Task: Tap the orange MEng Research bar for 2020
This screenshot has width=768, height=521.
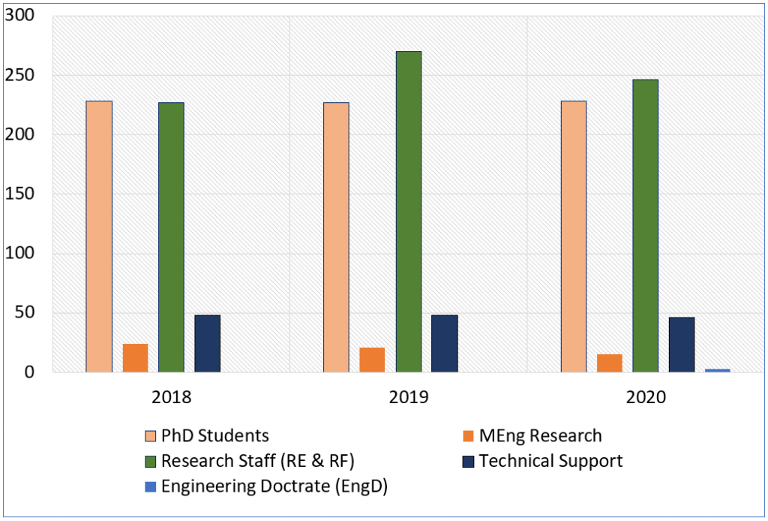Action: pos(609,363)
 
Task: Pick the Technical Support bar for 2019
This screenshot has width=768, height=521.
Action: pos(445,344)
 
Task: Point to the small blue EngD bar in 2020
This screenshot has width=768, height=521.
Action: pos(717,370)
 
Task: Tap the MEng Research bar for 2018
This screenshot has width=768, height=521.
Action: pos(135,358)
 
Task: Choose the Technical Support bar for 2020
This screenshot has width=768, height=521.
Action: pos(682,345)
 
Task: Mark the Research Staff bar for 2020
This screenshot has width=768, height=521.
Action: pos(645,225)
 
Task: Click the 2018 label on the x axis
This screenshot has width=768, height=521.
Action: pos(171,397)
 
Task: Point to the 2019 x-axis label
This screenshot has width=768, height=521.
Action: pos(409,397)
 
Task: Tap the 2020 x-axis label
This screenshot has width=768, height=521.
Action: pos(646,397)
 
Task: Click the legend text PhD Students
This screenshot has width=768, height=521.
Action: pos(214,435)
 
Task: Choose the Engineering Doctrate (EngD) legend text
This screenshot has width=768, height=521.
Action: pos(274,486)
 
